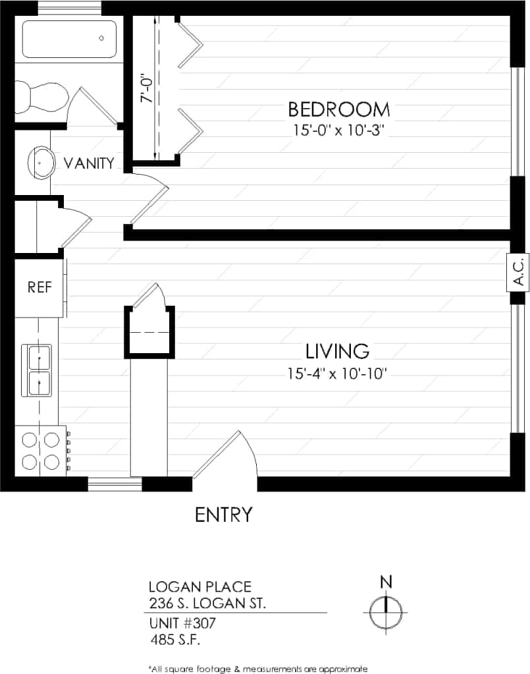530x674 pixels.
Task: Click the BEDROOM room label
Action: click(x=338, y=109)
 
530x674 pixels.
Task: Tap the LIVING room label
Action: click(x=337, y=350)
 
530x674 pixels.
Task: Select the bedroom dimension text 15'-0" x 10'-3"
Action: click(x=338, y=130)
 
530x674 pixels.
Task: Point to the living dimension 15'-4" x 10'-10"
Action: click(x=336, y=374)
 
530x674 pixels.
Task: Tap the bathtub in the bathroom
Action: click(x=69, y=39)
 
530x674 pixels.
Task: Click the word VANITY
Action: click(x=89, y=163)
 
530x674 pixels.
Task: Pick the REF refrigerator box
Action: click(x=39, y=287)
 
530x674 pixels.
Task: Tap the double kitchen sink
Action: click(x=39, y=370)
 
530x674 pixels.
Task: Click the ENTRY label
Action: click(x=224, y=515)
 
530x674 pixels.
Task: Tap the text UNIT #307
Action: click(x=182, y=623)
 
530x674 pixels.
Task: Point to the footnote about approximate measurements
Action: click(x=257, y=668)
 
